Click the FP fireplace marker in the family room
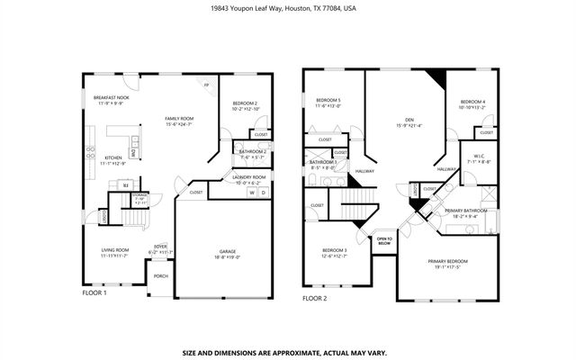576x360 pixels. point(206,86)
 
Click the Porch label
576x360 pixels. point(160,276)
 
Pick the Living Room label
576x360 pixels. point(114,251)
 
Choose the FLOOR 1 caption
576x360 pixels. point(94,293)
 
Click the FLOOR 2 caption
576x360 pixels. point(314,298)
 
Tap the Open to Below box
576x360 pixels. point(383,240)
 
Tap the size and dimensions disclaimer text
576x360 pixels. point(288,353)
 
